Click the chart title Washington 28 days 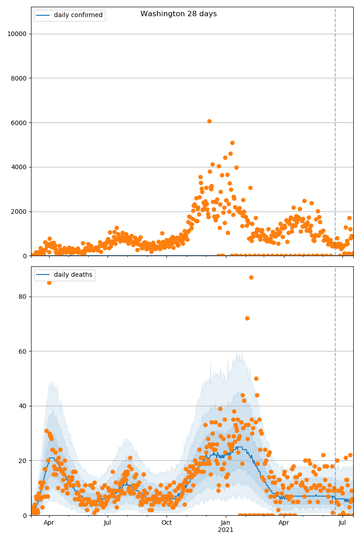click(x=178, y=14)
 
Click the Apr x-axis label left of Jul click(x=49, y=523)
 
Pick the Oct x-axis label click(x=166, y=523)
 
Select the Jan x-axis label click(x=225, y=523)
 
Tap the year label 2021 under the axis click(x=225, y=530)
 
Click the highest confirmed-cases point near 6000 click(x=209, y=121)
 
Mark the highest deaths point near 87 click(x=251, y=277)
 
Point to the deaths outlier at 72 click(x=247, y=318)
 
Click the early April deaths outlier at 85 click(x=49, y=283)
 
